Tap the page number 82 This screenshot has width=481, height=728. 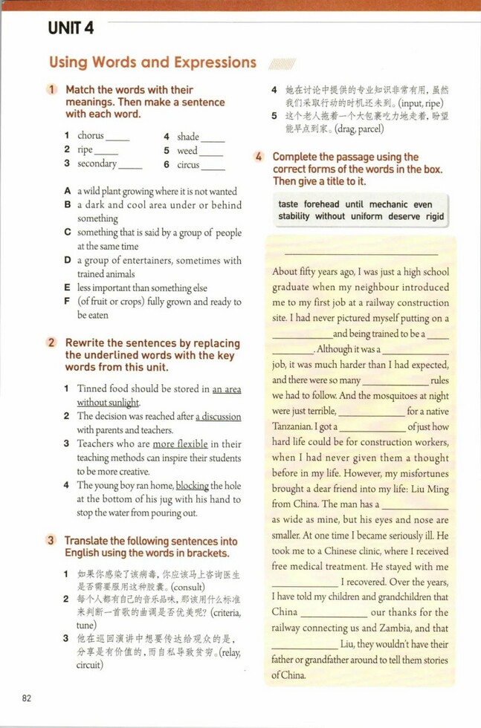(27, 698)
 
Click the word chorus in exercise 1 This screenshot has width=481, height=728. (91, 136)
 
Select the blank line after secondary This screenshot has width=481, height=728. (130, 164)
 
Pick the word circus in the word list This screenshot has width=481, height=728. (188, 164)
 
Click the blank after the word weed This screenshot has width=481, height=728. (212, 151)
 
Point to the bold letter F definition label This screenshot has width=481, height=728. (67, 302)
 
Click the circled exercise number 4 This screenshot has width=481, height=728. (259, 157)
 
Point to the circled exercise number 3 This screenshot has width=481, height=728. (51, 540)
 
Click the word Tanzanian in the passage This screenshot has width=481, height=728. (292, 427)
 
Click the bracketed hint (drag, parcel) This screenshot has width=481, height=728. (359, 129)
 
